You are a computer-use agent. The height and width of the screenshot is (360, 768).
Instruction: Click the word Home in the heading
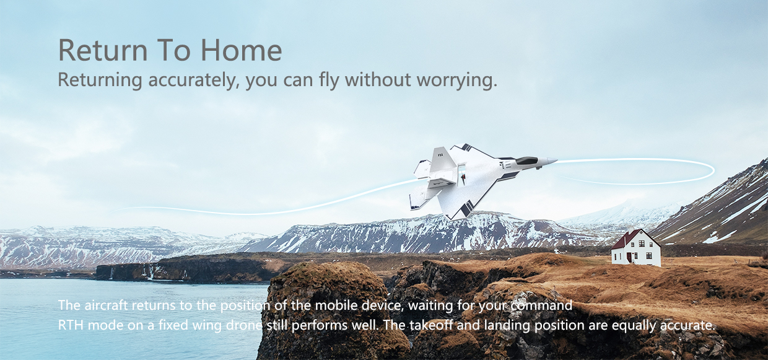tap(241, 50)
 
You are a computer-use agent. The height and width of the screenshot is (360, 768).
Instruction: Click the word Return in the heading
tap(103, 50)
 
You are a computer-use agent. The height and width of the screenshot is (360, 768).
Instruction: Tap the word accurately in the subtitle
tap(193, 80)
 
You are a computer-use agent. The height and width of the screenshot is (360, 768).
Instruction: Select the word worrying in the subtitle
tap(456, 81)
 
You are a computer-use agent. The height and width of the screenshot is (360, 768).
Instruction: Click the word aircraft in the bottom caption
tap(108, 305)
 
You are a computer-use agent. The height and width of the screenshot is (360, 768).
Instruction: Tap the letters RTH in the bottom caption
tap(71, 325)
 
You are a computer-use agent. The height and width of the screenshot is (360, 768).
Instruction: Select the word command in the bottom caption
tap(541, 305)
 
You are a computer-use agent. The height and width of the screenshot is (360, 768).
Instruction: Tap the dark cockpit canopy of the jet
tap(526, 160)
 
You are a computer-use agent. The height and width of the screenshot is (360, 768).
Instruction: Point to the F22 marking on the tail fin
tap(440, 155)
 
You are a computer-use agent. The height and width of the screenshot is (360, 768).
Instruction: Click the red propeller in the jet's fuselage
tap(463, 177)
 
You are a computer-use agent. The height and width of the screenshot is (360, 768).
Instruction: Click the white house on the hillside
tap(636, 248)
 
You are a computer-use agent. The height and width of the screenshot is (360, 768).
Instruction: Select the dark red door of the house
tap(629, 258)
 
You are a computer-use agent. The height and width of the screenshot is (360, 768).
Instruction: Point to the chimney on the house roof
tap(631, 230)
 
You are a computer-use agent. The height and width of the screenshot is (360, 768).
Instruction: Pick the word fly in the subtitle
tap(329, 81)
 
